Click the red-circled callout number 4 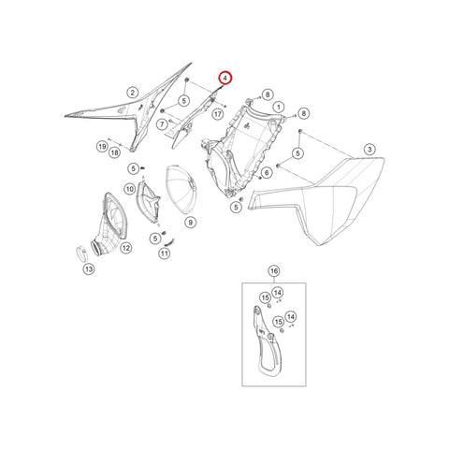225,79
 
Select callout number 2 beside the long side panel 133,93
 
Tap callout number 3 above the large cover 369,150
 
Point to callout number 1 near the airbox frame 279,108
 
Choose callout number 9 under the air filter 191,223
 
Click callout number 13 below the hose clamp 89,268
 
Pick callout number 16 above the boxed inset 274,271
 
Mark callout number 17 218,114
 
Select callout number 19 102,146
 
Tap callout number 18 115,152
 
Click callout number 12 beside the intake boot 126,248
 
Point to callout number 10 130,189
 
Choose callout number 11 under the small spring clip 165,253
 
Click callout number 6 267,172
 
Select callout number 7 162,124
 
